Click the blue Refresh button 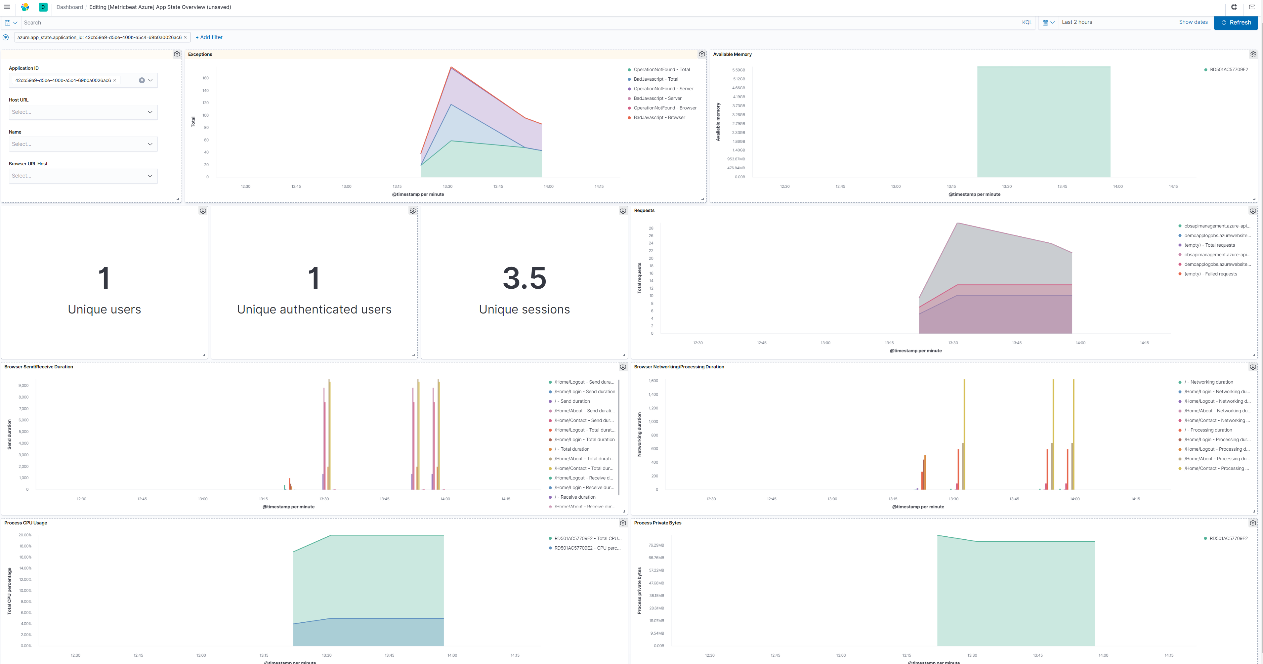1236,22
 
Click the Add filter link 209,37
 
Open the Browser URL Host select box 83,176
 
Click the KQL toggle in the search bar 1027,22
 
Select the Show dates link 1193,22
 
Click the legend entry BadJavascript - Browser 659,118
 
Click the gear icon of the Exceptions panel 702,55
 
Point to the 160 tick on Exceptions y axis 205,78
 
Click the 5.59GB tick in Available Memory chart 738,70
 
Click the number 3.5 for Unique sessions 524,278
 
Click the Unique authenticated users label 314,310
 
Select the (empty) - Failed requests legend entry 1210,274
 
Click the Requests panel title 644,210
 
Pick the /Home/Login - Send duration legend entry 584,392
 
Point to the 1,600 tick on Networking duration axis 653,381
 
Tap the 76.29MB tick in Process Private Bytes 656,545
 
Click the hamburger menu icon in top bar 7,7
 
